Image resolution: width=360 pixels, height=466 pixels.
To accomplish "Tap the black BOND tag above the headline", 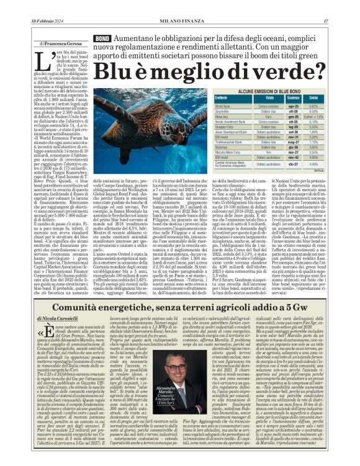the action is tap(102, 38).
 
